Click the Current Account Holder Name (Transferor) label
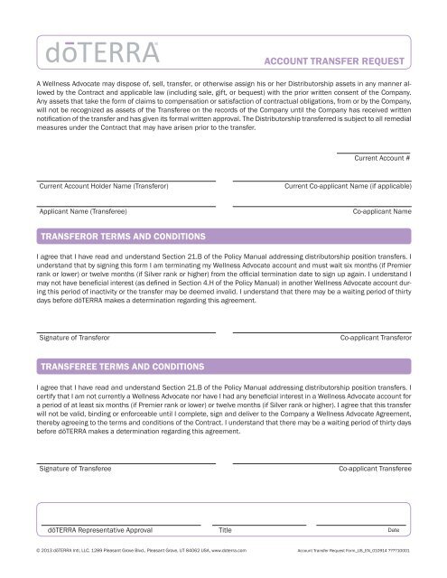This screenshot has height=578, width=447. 104,186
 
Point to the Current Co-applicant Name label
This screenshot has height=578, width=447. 348,186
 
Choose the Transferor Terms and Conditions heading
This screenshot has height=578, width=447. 122,237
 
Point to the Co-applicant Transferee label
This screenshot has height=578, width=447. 375,471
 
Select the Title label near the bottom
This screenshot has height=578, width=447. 226,531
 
